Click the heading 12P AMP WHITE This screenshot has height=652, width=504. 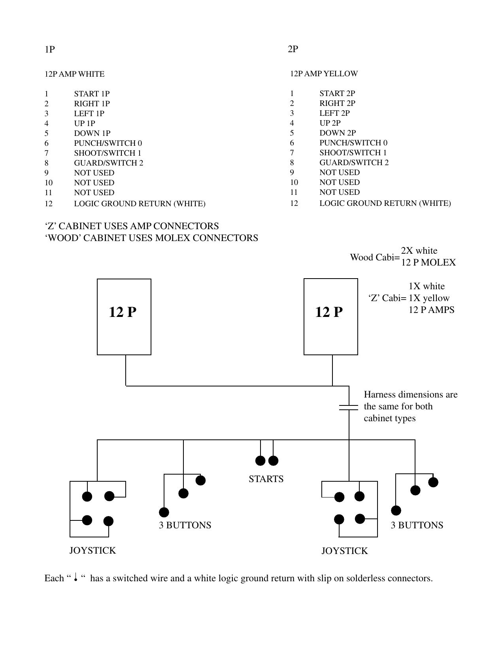(x=74, y=74)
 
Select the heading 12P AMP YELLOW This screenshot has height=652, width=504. (x=324, y=73)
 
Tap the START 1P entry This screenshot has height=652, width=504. (x=92, y=94)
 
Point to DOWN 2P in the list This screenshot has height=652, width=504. (x=338, y=133)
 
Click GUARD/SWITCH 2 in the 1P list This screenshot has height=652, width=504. (x=108, y=163)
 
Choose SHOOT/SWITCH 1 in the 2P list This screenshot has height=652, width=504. (x=353, y=153)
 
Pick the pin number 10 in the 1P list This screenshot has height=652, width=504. (x=49, y=183)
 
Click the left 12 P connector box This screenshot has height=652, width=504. (x=124, y=317)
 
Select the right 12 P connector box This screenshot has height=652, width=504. (x=330, y=317)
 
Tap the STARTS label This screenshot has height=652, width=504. (x=266, y=479)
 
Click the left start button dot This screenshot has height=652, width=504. (x=260, y=460)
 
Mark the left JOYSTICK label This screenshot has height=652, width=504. (x=92, y=550)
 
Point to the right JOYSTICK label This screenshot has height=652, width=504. (x=344, y=551)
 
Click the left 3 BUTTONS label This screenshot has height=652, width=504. (x=185, y=525)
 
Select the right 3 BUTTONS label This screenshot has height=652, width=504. (x=417, y=525)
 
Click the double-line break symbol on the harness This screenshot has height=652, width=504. (x=349, y=407)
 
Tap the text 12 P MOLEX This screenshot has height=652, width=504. (x=428, y=262)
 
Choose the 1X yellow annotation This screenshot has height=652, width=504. (x=429, y=298)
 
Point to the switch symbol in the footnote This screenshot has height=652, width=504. (x=75, y=578)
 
